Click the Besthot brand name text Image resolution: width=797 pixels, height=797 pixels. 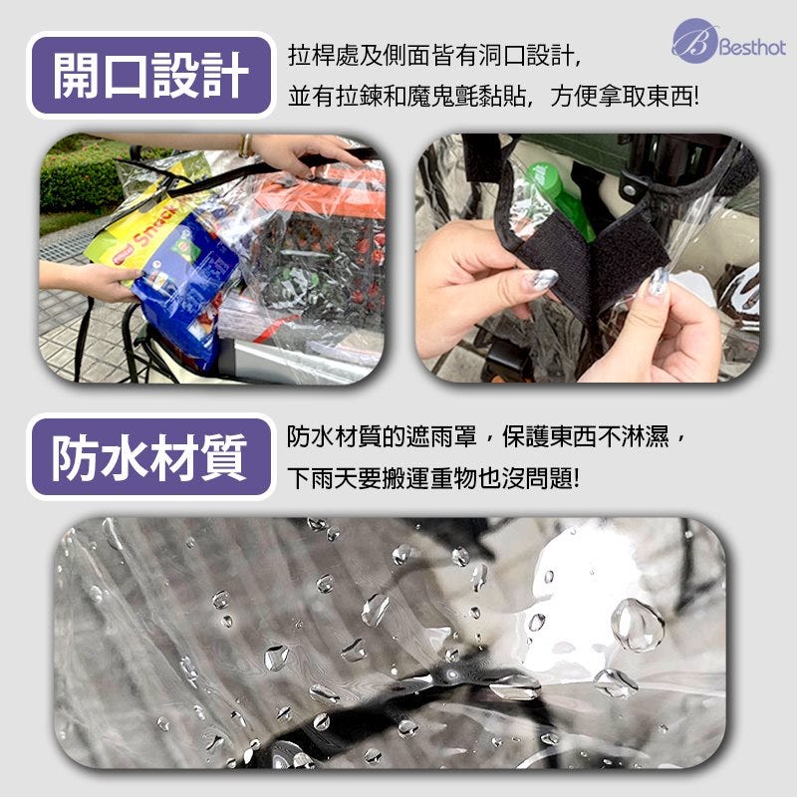click(x=753, y=47)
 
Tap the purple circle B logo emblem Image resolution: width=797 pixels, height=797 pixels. click(x=694, y=41)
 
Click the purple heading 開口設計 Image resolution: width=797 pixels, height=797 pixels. click(x=151, y=76)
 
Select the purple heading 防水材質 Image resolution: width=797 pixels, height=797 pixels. click(x=151, y=457)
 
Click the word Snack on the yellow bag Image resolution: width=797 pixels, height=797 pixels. click(x=155, y=230)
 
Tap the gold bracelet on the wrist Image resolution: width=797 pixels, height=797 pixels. click(x=246, y=145)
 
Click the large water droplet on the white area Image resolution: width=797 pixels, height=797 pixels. click(x=638, y=625)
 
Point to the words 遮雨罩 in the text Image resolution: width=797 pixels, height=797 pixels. click(x=441, y=436)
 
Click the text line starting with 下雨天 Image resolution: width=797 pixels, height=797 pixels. click(x=433, y=478)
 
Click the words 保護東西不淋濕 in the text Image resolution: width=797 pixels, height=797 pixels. click(x=586, y=436)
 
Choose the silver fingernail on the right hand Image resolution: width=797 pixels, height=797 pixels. click(x=660, y=281)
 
